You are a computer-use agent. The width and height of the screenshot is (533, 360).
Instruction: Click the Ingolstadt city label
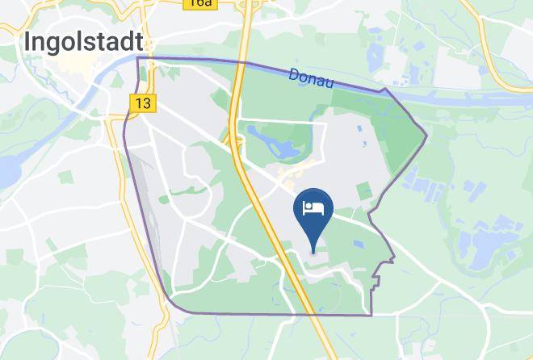click(x=84, y=43)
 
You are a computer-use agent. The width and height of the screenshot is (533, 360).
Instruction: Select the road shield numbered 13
click(x=143, y=103)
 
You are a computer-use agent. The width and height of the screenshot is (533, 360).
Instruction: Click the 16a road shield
click(x=199, y=3)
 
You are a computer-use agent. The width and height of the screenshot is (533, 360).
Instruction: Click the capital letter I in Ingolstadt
click(x=29, y=43)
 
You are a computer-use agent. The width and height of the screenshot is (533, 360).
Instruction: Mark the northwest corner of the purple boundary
click(x=138, y=58)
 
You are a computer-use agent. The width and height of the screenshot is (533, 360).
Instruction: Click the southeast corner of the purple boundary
click(x=371, y=314)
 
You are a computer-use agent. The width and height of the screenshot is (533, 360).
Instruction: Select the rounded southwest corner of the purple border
click(x=171, y=302)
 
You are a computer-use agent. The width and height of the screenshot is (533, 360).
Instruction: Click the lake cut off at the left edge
click(x=6, y=170)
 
